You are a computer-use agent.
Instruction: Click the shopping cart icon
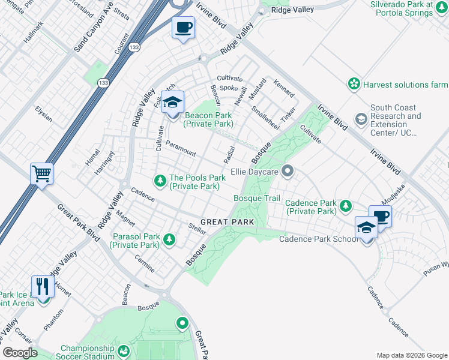[42, 174]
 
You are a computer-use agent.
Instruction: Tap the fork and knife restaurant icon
[42, 286]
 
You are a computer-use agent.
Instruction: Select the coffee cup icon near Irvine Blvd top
[184, 27]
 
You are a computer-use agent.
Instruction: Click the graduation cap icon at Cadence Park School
[366, 227]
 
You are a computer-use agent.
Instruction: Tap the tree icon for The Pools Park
[160, 180]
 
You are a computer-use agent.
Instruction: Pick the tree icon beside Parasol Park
[170, 240]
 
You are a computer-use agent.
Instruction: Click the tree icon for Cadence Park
[346, 206]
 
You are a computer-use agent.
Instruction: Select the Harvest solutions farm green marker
[354, 84]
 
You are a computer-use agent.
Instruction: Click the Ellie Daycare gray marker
[288, 172]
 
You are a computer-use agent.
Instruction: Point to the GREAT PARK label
[228, 222]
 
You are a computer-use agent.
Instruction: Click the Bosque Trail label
[256, 198]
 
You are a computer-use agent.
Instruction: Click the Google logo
[20, 353]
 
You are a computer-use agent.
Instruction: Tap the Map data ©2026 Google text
[411, 355]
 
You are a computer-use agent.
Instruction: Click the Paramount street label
[181, 149]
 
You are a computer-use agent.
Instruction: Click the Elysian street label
[44, 114]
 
